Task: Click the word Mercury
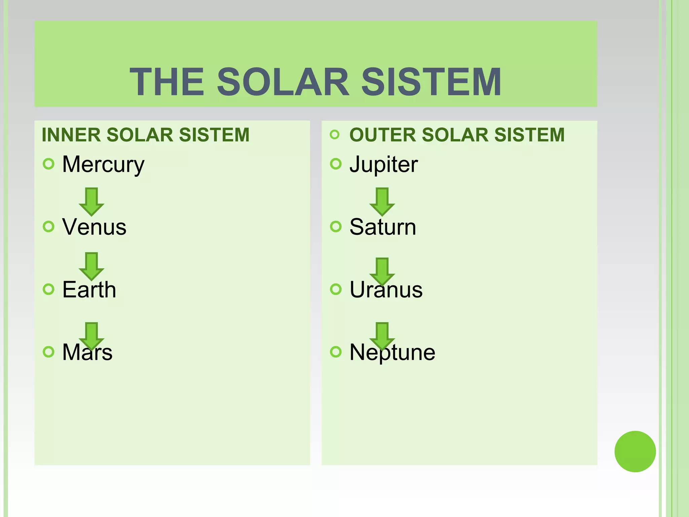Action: point(103,165)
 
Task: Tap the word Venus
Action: point(94,227)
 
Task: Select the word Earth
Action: point(89,289)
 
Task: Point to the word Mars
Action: point(87,352)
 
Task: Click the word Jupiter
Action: point(384,165)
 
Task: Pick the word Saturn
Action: point(383,227)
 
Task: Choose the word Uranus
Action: point(386,289)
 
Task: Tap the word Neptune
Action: point(392,352)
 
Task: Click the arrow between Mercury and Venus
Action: point(92,201)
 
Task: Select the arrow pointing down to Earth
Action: point(92,266)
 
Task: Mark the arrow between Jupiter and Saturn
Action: point(382,201)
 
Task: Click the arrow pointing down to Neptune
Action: point(382,336)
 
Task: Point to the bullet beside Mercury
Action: point(49,164)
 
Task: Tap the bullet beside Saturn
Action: point(336,227)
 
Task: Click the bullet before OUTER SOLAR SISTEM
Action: point(335,135)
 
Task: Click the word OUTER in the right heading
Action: point(383,135)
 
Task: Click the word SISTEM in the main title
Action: point(431,82)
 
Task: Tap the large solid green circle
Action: point(635,451)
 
